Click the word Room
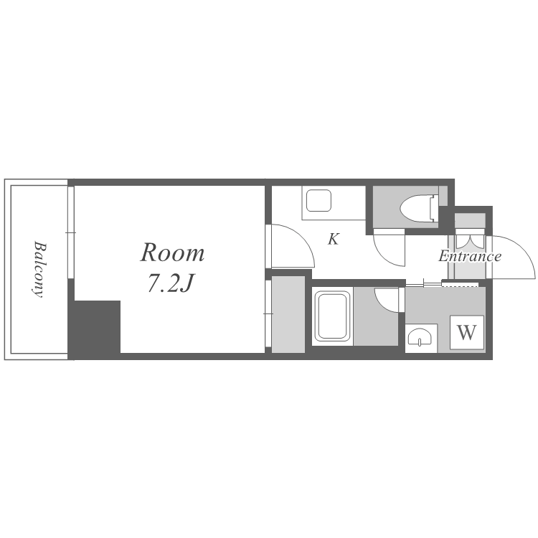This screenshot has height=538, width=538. (172, 253)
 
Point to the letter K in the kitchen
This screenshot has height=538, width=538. (333, 239)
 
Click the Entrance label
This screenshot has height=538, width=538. (470, 256)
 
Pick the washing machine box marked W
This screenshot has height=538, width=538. (467, 332)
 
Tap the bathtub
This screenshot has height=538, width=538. (332, 316)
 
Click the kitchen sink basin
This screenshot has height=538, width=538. (318, 201)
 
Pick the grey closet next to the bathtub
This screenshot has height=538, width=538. (288, 314)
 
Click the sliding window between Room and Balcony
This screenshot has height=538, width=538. (71, 232)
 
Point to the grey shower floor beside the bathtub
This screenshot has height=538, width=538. (376, 316)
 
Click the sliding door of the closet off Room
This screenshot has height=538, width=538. (268, 313)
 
